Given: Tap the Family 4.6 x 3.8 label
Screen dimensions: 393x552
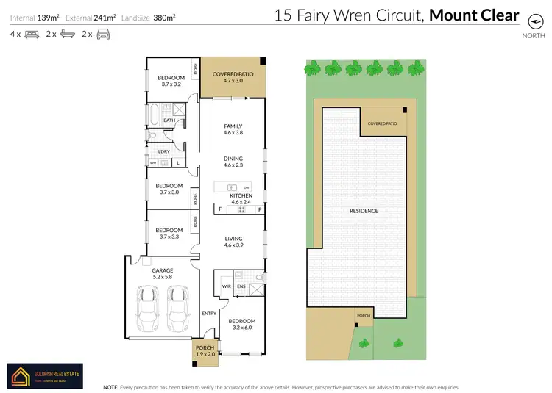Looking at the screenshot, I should coord(233,129).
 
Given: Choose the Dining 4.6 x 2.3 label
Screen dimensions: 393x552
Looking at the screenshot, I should coord(233,162).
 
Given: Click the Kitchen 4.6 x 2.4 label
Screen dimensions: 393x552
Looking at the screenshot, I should coord(241,199).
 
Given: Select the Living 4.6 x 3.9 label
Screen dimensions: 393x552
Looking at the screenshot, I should coord(233,242).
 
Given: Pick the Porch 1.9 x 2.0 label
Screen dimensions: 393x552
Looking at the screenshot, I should coord(205,351).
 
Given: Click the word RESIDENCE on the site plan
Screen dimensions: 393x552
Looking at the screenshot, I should coord(364,212).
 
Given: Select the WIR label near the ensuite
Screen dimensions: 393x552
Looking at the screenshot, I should coord(227,286).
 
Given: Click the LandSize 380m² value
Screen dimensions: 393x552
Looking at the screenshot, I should coord(163,16).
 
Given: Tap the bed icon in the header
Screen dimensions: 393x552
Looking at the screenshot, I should coord(32,34).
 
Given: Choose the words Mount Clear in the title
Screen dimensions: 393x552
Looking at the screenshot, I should coord(474,15).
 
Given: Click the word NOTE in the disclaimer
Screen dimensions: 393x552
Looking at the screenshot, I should coord(111,386).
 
